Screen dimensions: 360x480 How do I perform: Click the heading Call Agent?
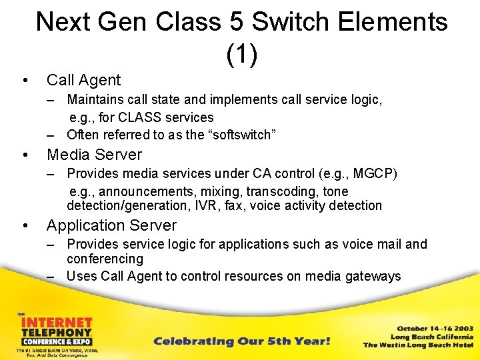pyautogui.click(x=83, y=81)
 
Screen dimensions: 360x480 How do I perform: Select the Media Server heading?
pyautogui.click(x=94, y=155)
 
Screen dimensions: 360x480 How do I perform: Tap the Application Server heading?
pyautogui.click(x=111, y=225)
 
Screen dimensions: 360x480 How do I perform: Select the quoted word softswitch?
pyautogui.click(x=241, y=135)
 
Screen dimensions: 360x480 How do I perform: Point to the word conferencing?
pyautogui.click(x=105, y=259)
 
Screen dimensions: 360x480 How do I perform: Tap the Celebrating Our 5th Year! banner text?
pyautogui.click(x=242, y=341)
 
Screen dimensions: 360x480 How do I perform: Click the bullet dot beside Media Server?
pyautogui.click(x=25, y=155)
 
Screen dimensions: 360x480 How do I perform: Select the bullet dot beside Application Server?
pyautogui.click(x=25, y=226)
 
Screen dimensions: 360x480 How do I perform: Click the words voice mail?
pyautogui.click(x=369, y=244)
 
